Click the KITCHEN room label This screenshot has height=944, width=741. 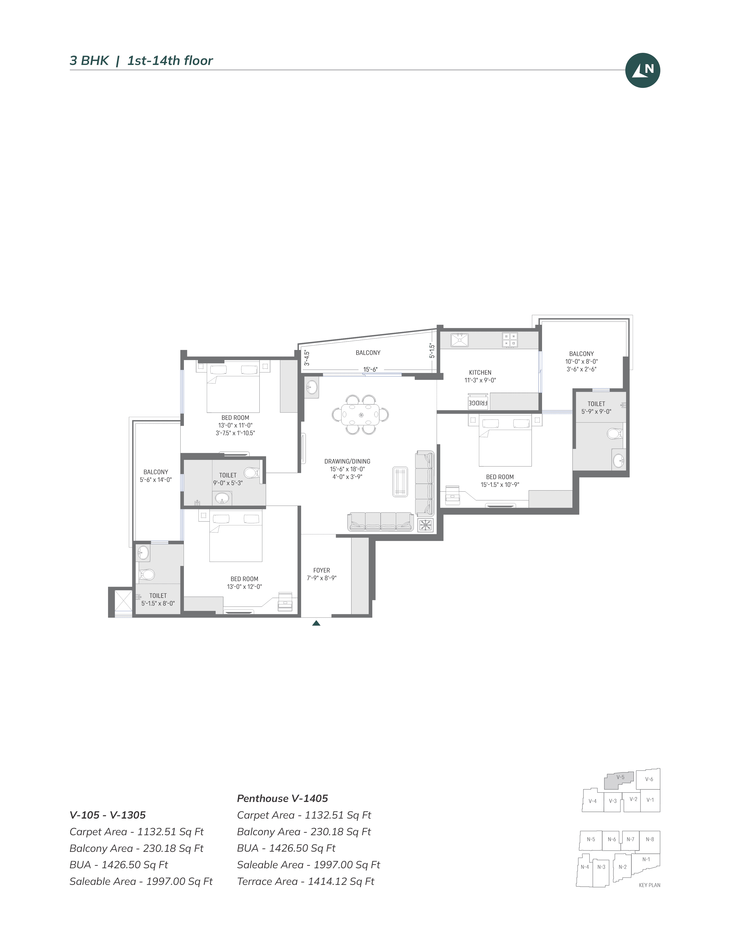click(x=480, y=373)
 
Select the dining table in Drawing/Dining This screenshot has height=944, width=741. click(x=361, y=415)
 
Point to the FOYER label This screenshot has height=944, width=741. click(x=322, y=570)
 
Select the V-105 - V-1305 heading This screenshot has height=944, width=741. click(x=108, y=815)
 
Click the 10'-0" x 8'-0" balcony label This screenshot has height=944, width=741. click(x=581, y=361)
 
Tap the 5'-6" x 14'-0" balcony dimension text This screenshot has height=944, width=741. click(x=156, y=480)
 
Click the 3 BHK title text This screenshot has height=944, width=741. click(x=89, y=61)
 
